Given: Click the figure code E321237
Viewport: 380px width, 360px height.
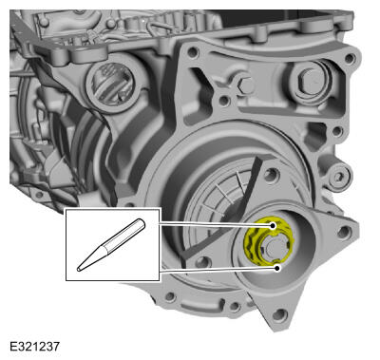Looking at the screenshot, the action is [x=34, y=346].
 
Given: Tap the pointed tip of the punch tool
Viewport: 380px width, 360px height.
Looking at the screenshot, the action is [x=79, y=270].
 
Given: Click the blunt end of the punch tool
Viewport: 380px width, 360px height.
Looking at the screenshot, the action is [x=142, y=223].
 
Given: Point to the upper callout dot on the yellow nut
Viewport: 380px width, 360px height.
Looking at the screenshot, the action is [x=273, y=226].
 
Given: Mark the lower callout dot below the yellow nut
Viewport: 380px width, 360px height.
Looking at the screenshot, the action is [x=277, y=268].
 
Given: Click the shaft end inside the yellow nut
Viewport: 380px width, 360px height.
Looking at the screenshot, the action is [x=273, y=247].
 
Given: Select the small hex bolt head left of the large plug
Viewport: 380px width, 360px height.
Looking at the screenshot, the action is [x=245, y=85].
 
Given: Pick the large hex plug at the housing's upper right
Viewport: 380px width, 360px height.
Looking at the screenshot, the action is [x=312, y=82].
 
